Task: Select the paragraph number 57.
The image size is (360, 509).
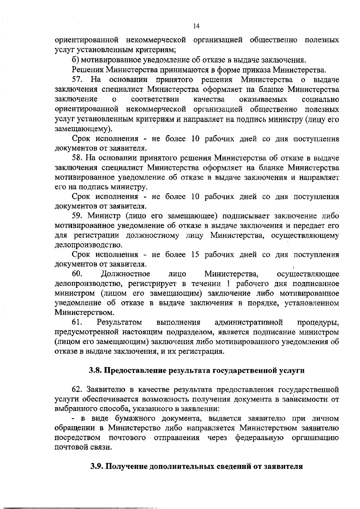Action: coord(77,80)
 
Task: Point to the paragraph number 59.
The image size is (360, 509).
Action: coord(77,216)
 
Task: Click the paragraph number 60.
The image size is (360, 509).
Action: coord(77,274)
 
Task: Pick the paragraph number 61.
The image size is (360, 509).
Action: coord(77,323)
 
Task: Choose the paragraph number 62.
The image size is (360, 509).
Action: coord(77,390)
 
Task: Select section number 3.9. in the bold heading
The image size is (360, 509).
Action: coord(97,467)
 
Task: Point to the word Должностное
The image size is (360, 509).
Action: coord(125,274)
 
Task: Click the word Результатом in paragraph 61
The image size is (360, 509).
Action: coord(119,323)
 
